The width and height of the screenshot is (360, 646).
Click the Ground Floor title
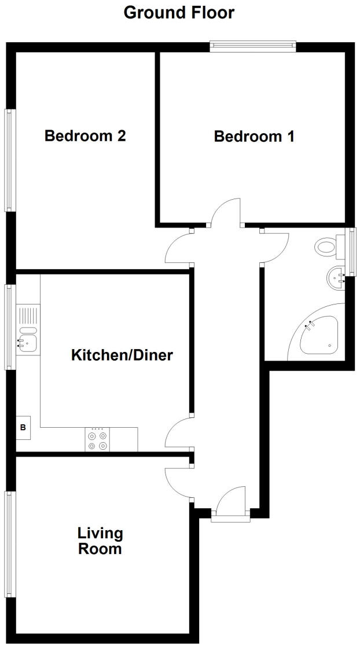click(179, 13)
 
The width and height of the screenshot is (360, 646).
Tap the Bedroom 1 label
click(254, 137)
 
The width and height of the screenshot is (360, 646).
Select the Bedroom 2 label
click(85, 136)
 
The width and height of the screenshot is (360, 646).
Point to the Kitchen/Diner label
click(122, 355)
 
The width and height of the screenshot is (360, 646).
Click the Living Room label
click(100, 541)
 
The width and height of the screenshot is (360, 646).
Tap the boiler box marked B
click(23, 428)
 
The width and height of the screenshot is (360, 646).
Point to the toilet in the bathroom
click(328, 248)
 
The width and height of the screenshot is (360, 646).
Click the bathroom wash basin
click(335, 278)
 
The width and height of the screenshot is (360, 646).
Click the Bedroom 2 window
click(9, 160)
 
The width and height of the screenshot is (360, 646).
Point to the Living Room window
click(9, 544)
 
